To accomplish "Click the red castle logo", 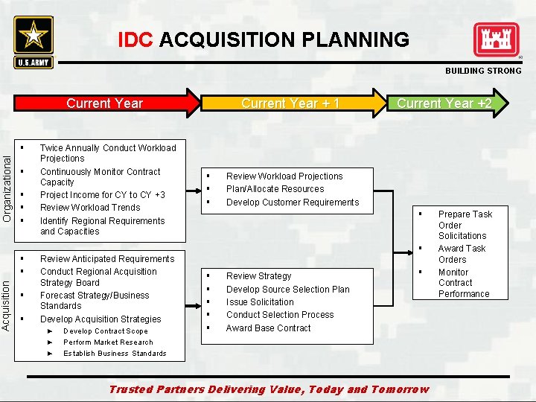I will point(497,40).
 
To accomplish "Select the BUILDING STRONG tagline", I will point(483,71).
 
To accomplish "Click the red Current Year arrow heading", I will point(104,103).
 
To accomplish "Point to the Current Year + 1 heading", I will point(290,103).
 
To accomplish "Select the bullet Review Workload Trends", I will point(90,208).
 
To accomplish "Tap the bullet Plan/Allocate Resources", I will point(275,189).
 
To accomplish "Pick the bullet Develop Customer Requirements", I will point(292,202).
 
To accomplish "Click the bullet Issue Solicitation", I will point(260,302).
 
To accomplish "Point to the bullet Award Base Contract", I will point(268,328).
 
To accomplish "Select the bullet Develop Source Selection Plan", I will point(287,290).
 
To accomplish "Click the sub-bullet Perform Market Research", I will point(108,342).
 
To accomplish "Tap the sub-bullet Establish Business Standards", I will point(115,354).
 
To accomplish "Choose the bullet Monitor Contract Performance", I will point(463,283).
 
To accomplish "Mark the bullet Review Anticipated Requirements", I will point(107,259).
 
